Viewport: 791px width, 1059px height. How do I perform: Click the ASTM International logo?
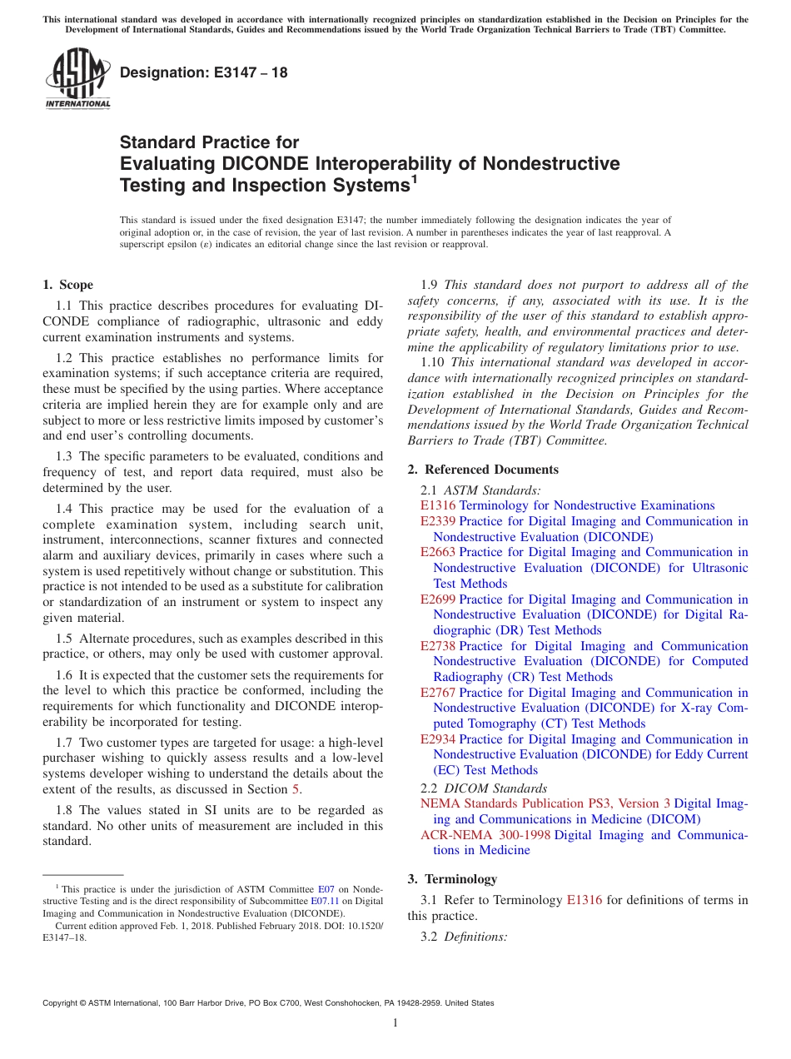pyautogui.click(x=77, y=78)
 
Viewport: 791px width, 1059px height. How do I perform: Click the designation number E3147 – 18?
pyautogui.click(x=204, y=72)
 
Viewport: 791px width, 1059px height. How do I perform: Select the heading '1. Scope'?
pyautogui.click(x=68, y=285)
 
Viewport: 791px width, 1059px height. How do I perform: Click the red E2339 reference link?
pyautogui.click(x=438, y=521)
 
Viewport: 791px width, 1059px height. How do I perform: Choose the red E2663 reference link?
pyautogui.click(x=438, y=552)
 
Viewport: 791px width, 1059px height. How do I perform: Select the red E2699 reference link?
pyautogui.click(x=438, y=599)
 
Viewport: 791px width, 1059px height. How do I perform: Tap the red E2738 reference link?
pyautogui.click(x=438, y=646)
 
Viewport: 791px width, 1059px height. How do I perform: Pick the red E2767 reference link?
pyautogui.click(x=438, y=693)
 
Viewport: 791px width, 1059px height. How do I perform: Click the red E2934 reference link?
pyautogui.click(x=438, y=739)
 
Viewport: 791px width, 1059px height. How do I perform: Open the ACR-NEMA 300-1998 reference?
pyautogui.click(x=485, y=835)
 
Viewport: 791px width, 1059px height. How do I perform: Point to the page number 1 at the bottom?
pyautogui.click(x=395, y=1023)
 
